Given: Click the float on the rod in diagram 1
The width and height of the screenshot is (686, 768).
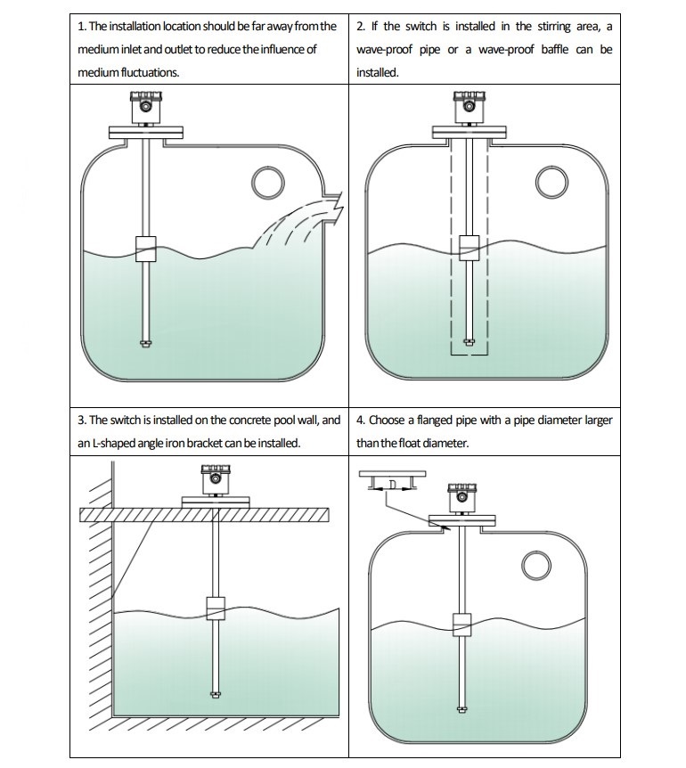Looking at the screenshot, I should (145, 249).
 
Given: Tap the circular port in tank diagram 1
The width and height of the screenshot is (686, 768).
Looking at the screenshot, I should (266, 182).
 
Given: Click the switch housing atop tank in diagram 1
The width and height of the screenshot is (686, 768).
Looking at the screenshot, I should (145, 107).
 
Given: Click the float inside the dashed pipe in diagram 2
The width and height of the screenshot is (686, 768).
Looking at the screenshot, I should (469, 248).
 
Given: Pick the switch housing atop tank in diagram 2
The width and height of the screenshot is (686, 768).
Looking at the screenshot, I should (469, 107).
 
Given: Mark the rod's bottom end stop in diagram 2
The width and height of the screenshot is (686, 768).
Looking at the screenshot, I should (469, 339).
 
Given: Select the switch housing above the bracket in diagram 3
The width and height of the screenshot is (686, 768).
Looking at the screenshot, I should (216, 480).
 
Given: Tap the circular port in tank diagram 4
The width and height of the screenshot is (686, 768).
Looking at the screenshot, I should (536, 566).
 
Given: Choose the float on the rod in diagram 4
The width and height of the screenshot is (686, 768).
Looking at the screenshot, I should (461, 625).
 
